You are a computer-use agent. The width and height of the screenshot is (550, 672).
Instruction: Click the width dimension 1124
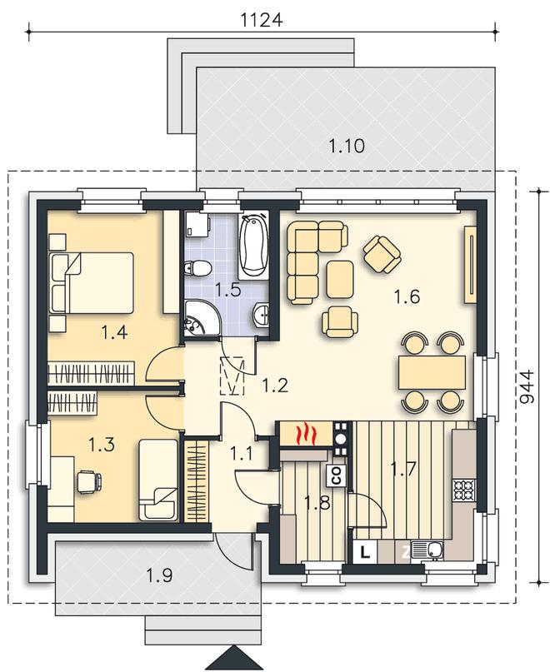tap(262, 20)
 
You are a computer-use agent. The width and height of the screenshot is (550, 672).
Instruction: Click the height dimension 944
tap(527, 386)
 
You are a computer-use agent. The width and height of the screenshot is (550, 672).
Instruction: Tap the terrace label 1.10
tap(347, 146)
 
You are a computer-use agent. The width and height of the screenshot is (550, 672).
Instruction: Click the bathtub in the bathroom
tap(253, 245)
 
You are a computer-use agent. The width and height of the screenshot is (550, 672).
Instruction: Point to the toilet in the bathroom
tap(197, 269)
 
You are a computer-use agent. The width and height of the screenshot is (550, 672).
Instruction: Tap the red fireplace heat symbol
tap(306, 433)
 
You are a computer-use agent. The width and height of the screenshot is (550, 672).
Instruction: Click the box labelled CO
tap(337, 475)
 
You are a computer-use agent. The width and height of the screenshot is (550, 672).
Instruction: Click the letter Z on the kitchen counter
tap(406, 553)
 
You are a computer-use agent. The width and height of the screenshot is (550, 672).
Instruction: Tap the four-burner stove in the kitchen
tap(464, 490)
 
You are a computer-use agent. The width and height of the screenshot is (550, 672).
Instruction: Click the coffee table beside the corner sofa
tap(340, 280)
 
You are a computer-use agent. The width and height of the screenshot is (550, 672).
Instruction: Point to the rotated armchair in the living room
tap(382, 255)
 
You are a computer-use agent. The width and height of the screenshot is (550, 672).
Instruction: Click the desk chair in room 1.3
tap(89, 481)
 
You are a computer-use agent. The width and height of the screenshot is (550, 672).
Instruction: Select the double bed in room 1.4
tap(92, 282)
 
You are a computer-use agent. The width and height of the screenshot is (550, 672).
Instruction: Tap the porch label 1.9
tap(160, 575)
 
